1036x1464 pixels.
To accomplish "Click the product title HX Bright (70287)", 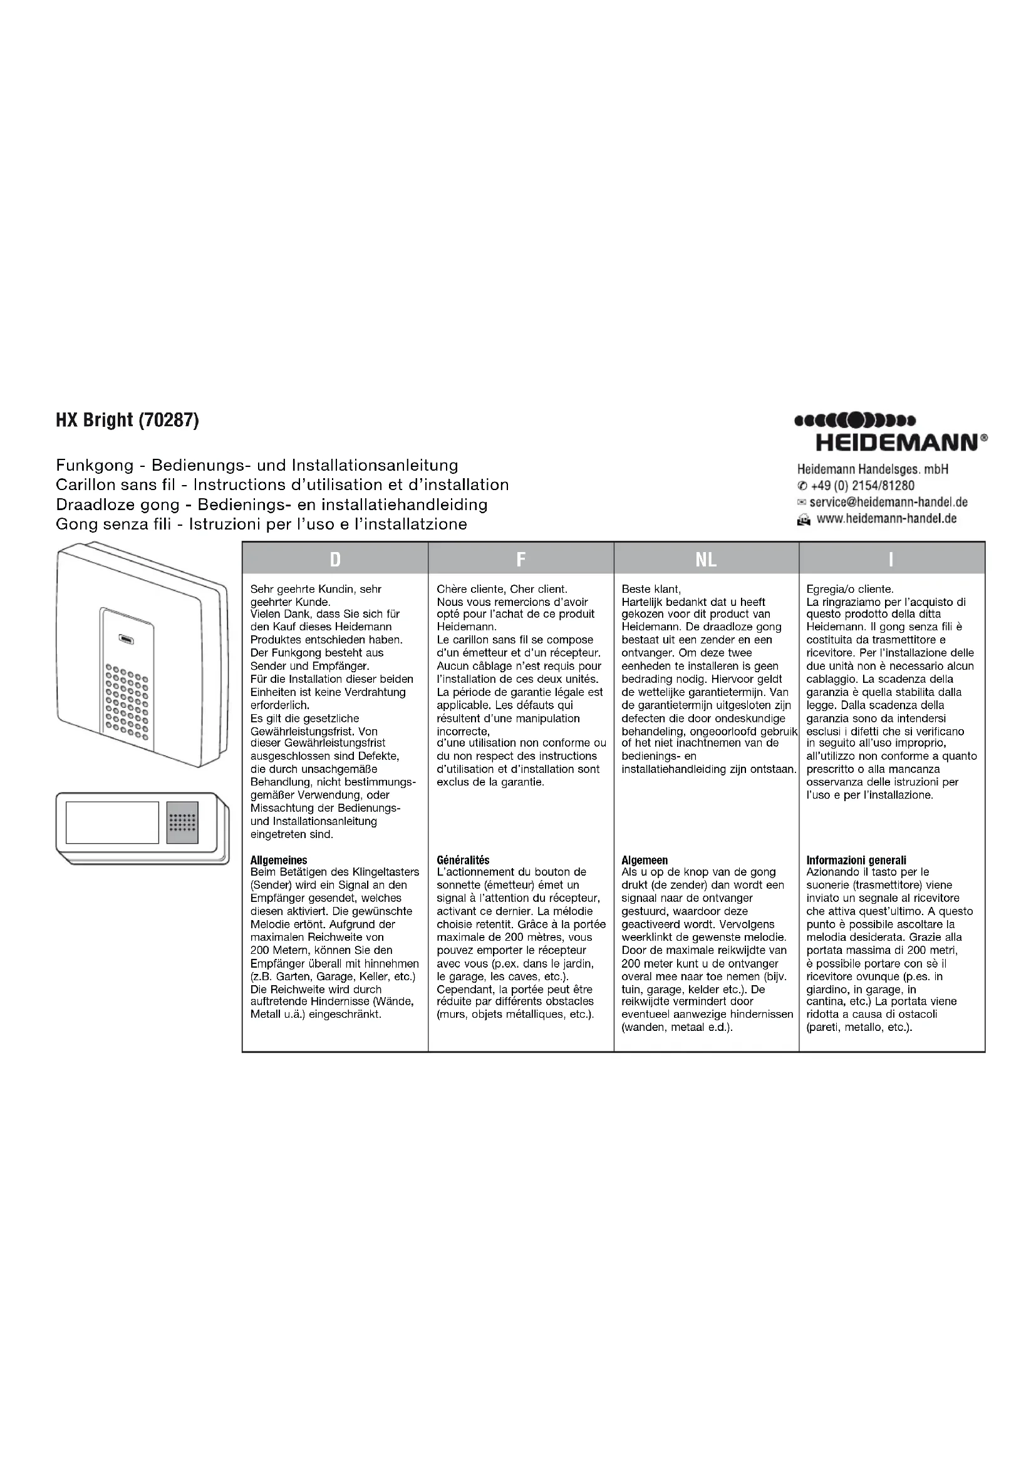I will point(128,421).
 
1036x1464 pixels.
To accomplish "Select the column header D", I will point(335,559).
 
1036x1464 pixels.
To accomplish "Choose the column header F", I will point(521,559).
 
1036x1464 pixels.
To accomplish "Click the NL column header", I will point(706,559).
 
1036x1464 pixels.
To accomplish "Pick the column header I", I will point(891,559).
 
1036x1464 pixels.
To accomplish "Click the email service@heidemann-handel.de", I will point(888,502).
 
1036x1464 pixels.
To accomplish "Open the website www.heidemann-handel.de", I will point(886,518).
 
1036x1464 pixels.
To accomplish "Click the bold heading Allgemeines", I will point(279,860).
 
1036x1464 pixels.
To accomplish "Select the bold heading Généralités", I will point(463,860).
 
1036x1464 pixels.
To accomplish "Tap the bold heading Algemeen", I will point(645,860).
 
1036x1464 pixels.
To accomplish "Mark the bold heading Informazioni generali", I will point(856,860).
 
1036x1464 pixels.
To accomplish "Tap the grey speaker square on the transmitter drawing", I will point(182,822).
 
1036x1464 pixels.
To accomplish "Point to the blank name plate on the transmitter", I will point(112,822).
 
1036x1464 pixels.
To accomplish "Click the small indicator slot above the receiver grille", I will point(126,639).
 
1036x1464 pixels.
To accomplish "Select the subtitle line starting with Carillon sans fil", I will point(282,484).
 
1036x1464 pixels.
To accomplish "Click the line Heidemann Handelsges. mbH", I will point(873,469).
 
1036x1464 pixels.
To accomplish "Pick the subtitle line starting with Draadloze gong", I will point(272,504).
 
